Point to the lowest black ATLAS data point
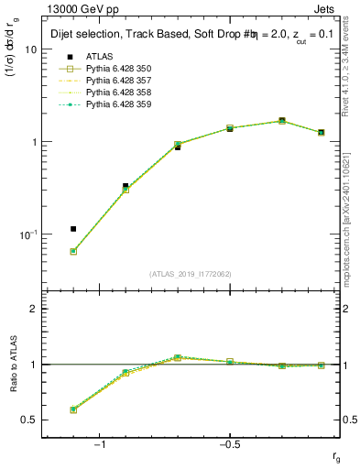pyautogui.click(x=73, y=229)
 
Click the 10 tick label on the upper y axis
pyautogui.click(x=30, y=49)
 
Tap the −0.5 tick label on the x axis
pyautogui.click(x=228, y=444)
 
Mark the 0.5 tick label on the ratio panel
pyautogui.click(x=29, y=420)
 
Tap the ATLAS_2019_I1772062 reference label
pyautogui.click(x=191, y=274)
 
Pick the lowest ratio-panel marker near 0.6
pyautogui.click(x=73, y=409)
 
